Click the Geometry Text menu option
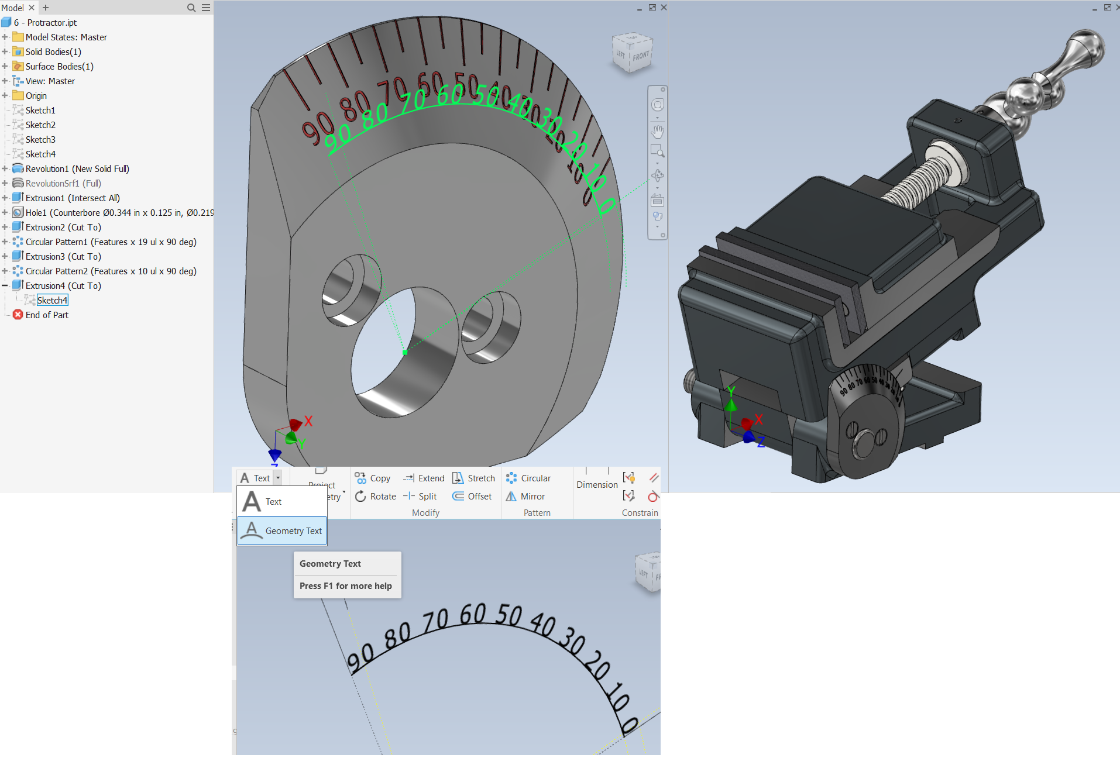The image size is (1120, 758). point(282,530)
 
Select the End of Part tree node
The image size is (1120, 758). point(47,315)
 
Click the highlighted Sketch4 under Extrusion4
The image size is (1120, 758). point(52,301)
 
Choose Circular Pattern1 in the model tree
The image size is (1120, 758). point(111,242)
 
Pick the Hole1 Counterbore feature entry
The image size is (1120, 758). point(117,213)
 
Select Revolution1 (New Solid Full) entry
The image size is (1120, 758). point(77,169)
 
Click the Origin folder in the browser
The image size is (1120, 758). point(36,96)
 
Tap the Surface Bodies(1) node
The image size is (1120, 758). point(59,67)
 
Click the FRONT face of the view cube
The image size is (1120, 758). point(641,57)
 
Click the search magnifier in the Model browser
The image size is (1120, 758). point(191,8)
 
